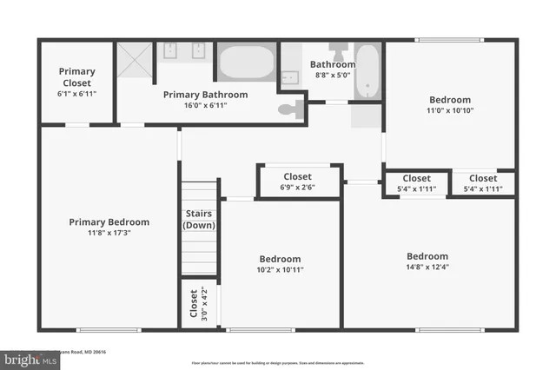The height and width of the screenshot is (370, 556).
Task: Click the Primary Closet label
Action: (x=76, y=76)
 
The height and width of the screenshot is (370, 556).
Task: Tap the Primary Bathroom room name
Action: (x=206, y=95)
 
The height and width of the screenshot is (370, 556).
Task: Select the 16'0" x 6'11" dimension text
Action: (x=206, y=105)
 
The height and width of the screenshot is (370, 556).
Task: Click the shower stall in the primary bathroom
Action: (x=136, y=60)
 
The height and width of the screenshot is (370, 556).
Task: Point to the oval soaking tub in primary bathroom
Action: (x=246, y=63)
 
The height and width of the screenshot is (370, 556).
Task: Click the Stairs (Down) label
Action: (x=199, y=219)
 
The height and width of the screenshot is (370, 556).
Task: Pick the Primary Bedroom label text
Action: (x=109, y=222)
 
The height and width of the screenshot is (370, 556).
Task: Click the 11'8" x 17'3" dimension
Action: (x=109, y=233)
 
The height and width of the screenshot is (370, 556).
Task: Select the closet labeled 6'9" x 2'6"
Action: (x=298, y=182)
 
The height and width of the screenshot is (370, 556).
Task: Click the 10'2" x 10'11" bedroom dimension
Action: (x=280, y=270)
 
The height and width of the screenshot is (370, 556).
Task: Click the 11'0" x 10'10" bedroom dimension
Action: (x=449, y=110)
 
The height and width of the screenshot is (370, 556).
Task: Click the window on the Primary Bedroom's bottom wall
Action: (x=109, y=329)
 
